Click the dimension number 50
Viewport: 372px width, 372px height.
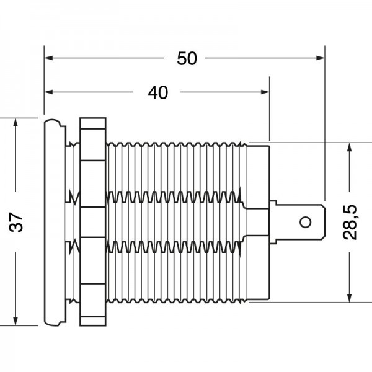[187, 59]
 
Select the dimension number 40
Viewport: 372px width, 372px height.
[158, 92]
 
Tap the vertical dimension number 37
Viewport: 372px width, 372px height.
[16, 222]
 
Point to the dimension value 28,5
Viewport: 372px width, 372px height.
[350, 222]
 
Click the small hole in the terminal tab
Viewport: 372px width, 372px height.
[305, 223]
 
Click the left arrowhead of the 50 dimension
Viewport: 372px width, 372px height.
[48, 58]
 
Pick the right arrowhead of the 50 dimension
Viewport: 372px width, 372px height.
[321, 58]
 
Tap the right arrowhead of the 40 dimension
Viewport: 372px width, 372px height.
[265, 92]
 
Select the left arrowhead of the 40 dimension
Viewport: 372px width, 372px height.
[48, 92]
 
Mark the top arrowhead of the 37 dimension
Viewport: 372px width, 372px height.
[15, 123]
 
